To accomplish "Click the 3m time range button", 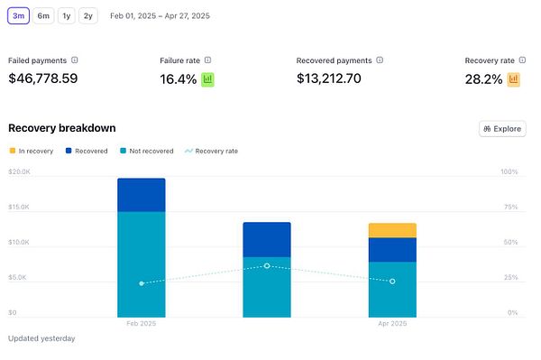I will [x=19, y=15].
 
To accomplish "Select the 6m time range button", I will [x=43, y=15].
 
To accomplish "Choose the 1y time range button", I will [x=67, y=15].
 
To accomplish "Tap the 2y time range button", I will [x=87, y=15].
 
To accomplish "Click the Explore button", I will [x=501, y=129].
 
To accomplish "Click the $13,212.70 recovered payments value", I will [x=328, y=78].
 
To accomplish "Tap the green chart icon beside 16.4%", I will [x=207, y=79].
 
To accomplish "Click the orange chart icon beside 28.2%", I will [x=514, y=79].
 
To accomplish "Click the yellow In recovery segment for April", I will [x=392, y=230].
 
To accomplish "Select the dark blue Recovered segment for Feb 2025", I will [x=141, y=195].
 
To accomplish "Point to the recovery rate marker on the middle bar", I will [x=267, y=265].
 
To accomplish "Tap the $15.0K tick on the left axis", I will [x=19, y=207].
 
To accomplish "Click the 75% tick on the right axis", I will [x=509, y=207].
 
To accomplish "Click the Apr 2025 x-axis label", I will [x=392, y=323].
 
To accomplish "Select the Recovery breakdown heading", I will [x=61, y=128].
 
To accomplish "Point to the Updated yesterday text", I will [x=41, y=338].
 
